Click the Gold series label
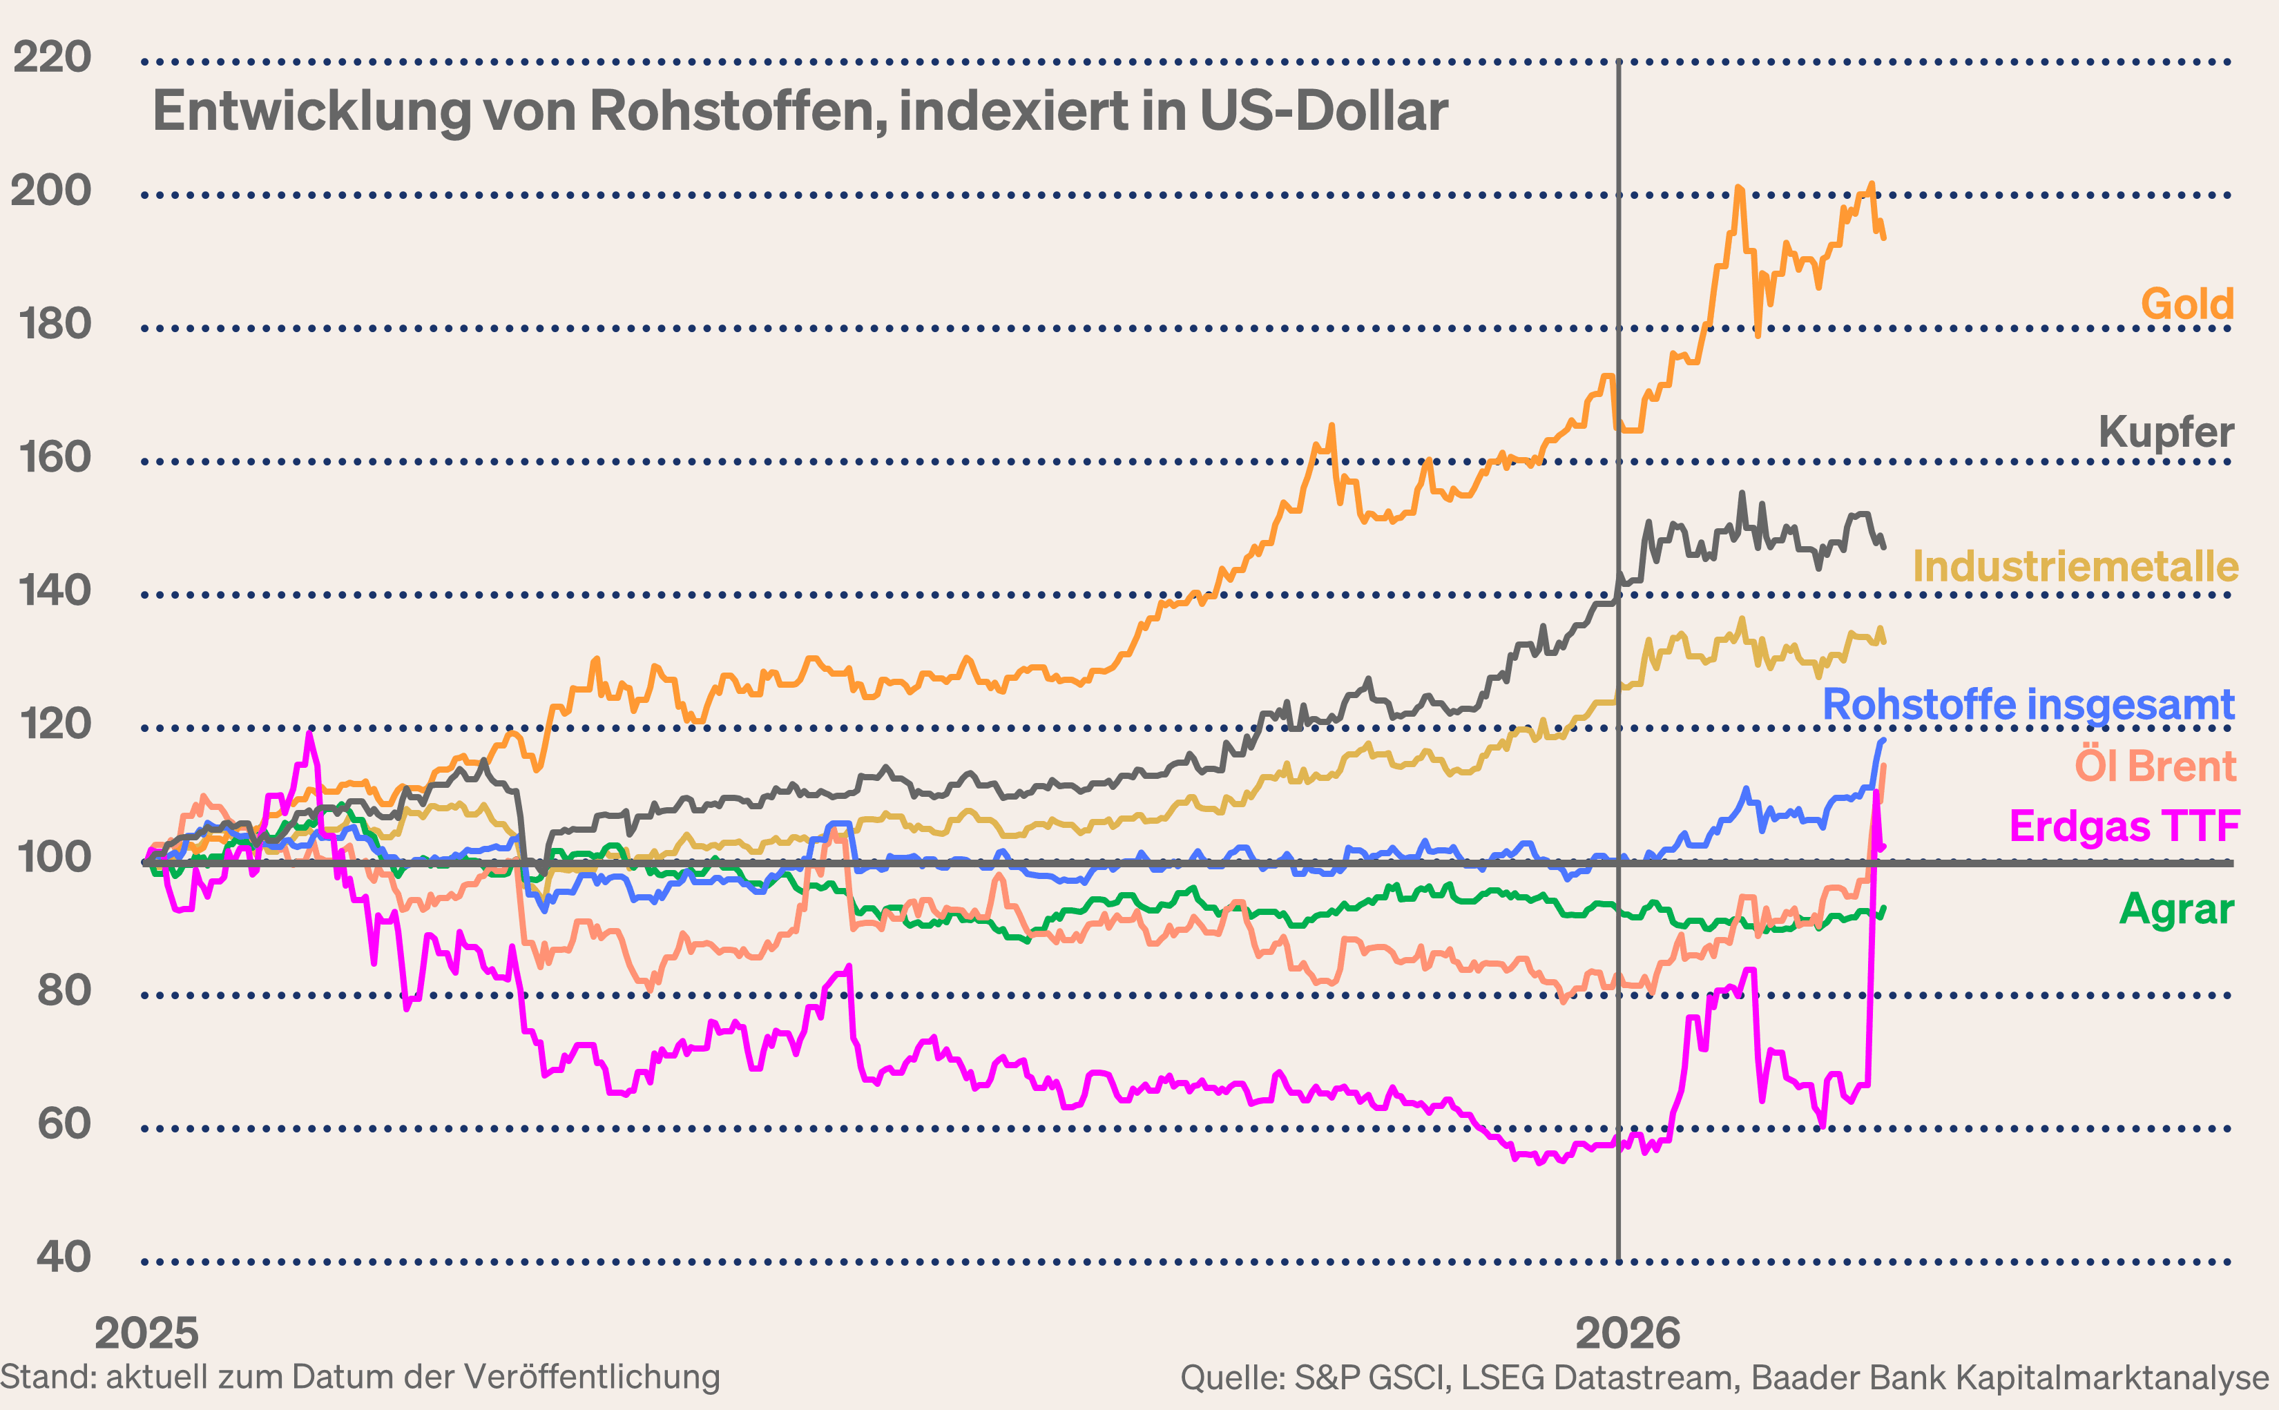point(2186,304)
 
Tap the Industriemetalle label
point(2075,566)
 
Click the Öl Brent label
point(2154,766)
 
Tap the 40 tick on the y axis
point(64,1257)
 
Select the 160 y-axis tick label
point(54,457)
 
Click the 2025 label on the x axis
point(146,1333)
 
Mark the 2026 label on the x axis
point(1627,1333)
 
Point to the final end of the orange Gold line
point(1883,238)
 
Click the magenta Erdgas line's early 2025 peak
point(309,735)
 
